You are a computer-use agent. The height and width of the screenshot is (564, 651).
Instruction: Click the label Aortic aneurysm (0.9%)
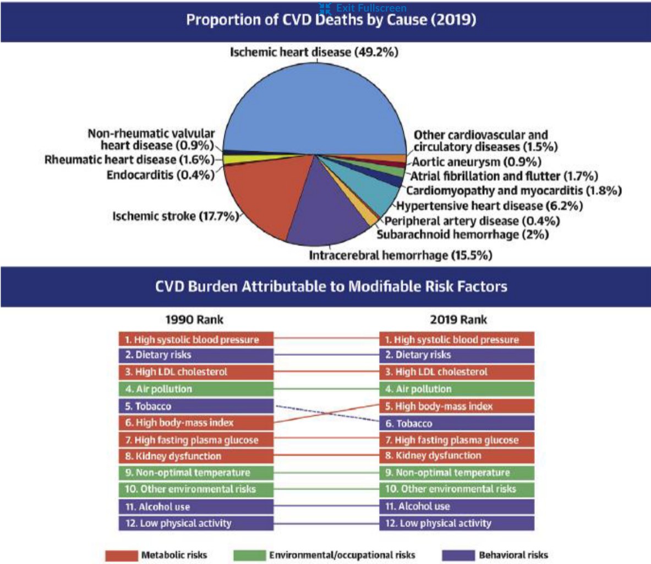(477, 162)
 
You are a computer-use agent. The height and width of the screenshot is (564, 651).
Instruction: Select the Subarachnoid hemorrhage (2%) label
(462, 235)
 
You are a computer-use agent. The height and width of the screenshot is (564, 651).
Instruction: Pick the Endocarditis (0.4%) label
(160, 175)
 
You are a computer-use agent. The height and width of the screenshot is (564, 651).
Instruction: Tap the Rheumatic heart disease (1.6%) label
(129, 160)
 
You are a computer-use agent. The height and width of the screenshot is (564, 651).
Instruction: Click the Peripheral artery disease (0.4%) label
(472, 221)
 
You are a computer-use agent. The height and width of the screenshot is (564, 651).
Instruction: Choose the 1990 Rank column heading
(195, 319)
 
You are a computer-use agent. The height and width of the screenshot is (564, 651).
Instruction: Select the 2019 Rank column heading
(458, 319)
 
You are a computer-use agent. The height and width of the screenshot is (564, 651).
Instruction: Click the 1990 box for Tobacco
(195, 406)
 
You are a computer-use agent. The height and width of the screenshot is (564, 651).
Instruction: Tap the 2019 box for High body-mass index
(457, 406)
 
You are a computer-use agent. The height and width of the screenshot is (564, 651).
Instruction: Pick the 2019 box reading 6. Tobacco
(457, 424)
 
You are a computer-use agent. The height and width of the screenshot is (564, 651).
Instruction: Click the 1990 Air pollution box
(195, 389)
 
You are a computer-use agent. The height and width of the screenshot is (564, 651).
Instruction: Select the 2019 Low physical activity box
(457, 523)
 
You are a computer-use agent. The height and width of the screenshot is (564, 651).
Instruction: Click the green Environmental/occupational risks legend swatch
(249, 555)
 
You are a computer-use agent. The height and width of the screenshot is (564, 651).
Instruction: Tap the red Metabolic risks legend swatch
(121, 555)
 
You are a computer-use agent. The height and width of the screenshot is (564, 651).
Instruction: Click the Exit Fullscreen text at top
(371, 8)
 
